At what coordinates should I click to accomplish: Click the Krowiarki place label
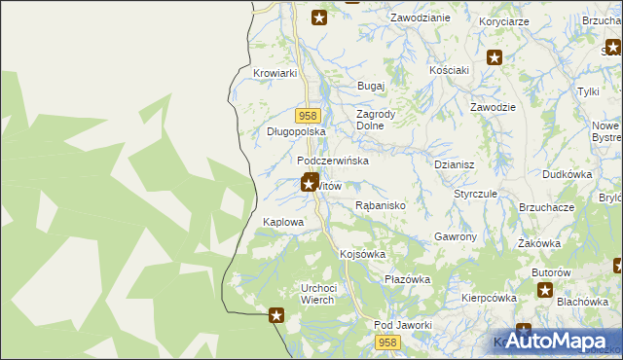[x=274, y=73]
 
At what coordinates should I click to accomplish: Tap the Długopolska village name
[x=295, y=131]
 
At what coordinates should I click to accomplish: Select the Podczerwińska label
[x=333, y=161]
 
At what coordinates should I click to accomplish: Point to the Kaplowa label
[x=284, y=223]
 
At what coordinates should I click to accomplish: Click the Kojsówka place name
[x=363, y=254]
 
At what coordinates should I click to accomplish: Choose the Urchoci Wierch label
[x=318, y=293]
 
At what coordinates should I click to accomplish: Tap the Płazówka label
[x=407, y=279]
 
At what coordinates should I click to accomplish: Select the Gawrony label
[x=455, y=237]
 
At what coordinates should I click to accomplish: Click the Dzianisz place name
[x=454, y=165]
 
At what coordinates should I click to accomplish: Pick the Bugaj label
[x=372, y=87]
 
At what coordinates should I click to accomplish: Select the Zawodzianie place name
[x=420, y=18]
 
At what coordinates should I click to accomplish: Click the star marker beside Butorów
[x=544, y=290]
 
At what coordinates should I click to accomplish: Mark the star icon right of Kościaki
[x=495, y=58]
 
